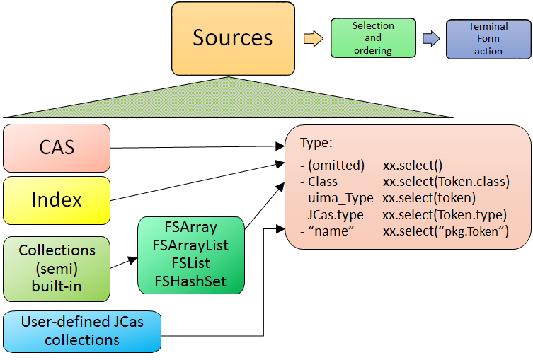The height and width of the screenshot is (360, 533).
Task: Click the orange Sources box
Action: click(x=232, y=39)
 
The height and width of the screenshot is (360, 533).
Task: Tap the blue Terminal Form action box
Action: click(x=488, y=39)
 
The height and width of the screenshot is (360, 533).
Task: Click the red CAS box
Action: click(x=57, y=148)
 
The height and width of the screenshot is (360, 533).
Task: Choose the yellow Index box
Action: click(x=57, y=200)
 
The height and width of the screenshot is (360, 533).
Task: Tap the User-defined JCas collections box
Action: click(x=81, y=331)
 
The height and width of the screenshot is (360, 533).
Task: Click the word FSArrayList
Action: click(x=190, y=245)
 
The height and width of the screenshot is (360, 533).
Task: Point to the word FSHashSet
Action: click(x=190, y=281)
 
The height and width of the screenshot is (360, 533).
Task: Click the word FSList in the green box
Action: click(x=190, y=263)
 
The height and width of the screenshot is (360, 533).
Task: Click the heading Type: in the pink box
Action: click(x=316, y=143)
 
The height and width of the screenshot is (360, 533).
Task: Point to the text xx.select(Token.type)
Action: click(x=445, y=214)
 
